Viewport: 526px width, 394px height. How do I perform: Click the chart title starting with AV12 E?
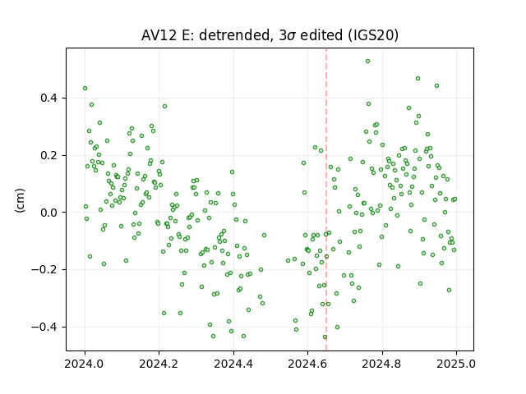[x=270, y=35]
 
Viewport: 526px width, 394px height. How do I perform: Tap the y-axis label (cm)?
[x=20, y=200]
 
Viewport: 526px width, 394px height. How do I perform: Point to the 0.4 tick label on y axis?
[x=48, y=98]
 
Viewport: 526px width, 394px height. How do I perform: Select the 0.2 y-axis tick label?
[x=48, y=155]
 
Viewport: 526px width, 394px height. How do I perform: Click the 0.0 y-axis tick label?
[x=48, y=213]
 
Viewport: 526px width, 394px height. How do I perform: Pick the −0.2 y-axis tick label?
[x=44, y=270]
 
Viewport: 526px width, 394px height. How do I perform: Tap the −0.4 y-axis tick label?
[x=44, y=327]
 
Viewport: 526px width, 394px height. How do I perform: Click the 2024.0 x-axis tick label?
[x=85, y=364]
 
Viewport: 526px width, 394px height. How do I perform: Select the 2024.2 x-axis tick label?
[x=159, y=364]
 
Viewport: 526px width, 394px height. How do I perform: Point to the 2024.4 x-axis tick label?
[x=233, y=364]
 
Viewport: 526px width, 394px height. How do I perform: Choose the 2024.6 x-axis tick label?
[x=307, y=364]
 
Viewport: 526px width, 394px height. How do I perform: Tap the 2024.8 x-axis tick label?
[x=381, y=364]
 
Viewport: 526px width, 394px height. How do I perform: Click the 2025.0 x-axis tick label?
[x=456, y=364]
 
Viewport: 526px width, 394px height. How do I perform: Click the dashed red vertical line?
[x=326, y=199]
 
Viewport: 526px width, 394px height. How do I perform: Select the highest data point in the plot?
[x=367, y=62]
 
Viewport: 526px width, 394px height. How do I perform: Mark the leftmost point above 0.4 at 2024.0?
[x=85, y=89]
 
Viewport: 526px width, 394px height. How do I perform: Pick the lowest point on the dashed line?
[x=325, y=337]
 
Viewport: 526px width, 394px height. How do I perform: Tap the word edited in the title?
[x=321, y=35]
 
